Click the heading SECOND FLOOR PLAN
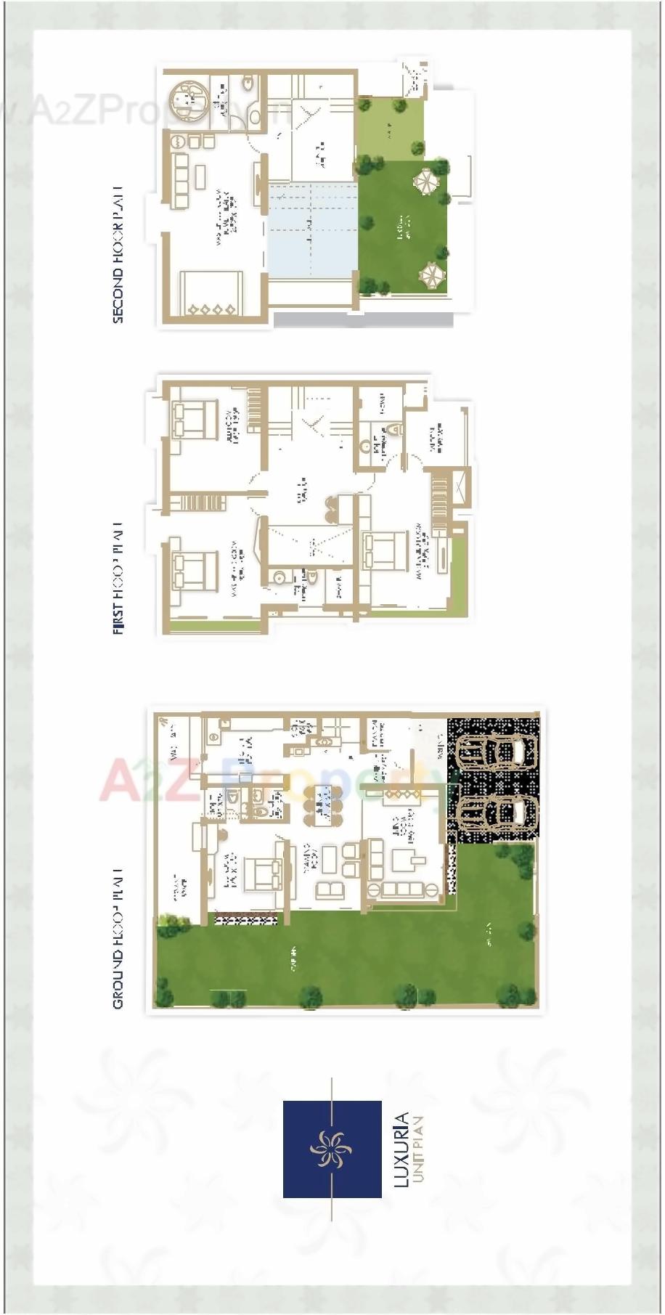tap(118, 253)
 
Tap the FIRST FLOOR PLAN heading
tap(118, 577)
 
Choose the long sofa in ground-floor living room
tap(403, 890)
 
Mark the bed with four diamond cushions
tap(211, 294)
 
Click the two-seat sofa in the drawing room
tap(330, 889)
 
